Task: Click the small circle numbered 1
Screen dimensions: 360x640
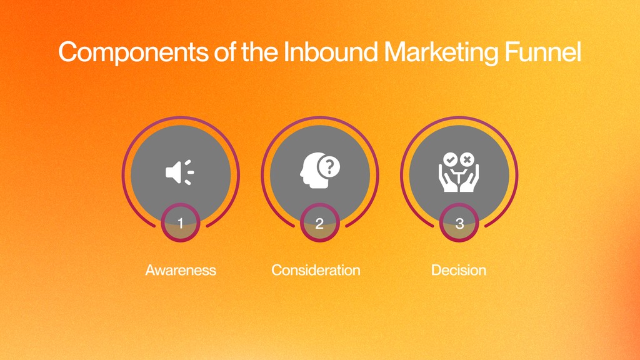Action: click(181, 224)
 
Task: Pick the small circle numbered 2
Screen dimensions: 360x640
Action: click(319, 224)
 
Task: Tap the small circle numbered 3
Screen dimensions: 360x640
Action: click(459, 224)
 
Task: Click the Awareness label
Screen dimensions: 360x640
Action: click(181, 270)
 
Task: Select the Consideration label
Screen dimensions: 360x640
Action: click(316, 270)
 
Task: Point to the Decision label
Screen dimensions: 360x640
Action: click(459, 270)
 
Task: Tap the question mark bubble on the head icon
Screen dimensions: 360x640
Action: click(329, 166)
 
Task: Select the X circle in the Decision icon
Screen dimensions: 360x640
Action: click(468, 160)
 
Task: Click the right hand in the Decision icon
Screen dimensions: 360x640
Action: click(472, 181)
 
